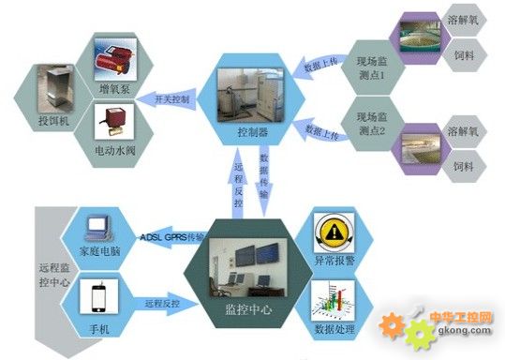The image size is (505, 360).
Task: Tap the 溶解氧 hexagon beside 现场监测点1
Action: pos(463,20)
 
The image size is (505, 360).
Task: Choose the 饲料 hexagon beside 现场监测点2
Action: pos(463,165)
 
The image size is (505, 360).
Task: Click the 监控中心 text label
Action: pos(247,308)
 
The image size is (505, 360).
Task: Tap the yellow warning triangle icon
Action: pos(334,231)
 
